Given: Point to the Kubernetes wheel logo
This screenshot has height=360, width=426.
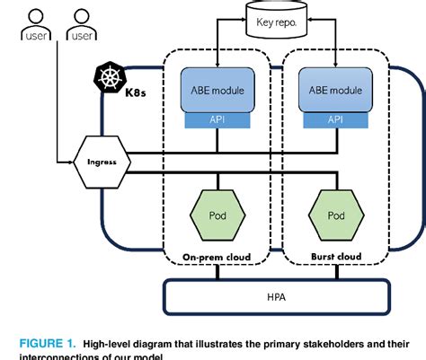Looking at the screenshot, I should coord(107,79).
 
